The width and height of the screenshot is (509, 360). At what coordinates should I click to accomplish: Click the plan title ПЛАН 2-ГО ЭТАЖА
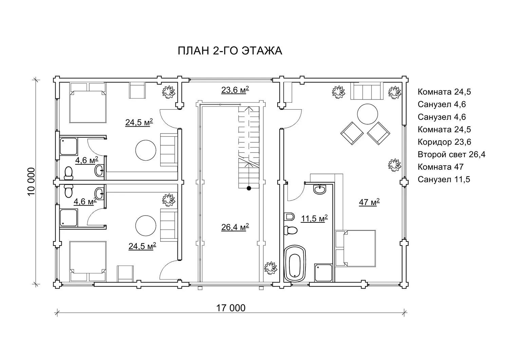click(x=230, y=51)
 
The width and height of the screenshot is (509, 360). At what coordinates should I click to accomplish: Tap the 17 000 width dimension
click(x=231, y=308)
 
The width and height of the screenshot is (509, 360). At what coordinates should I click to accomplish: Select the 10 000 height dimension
click(x=31, y=181)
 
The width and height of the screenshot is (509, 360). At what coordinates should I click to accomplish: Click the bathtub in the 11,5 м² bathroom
click(x=295, y=263)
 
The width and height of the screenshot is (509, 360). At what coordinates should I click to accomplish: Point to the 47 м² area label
click(x=369, y=202)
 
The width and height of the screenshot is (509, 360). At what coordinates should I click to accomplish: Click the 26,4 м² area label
click(x=235, y=227)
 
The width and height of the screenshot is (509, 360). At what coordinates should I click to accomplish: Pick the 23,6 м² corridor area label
click(x=235, y=90)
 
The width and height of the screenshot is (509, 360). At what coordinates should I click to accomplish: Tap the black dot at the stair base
click(x=249, y=188)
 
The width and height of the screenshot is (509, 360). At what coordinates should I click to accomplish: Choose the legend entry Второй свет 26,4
click(x=451, y=155)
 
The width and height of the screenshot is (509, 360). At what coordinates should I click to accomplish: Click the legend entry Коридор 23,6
click(x=444, y=142)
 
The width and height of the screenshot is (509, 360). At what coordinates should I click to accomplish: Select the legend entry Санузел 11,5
click(x=444, y=179)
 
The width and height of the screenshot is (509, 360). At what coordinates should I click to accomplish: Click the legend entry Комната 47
click(x=440, y=167)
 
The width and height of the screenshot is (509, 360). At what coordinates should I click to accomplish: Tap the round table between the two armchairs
click(x=367, y=114)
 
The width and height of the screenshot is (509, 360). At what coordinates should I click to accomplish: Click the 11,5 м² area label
click(x=314, y=218)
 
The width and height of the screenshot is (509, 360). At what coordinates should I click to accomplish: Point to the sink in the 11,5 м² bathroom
click(x=320, y=190)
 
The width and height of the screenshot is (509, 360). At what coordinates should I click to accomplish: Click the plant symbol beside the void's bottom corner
click(x=270, y=268)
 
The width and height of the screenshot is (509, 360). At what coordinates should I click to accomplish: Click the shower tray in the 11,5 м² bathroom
click(x=323, y=272)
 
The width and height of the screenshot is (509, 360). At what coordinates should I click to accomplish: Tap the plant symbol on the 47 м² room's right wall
click(x=394, y=165)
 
